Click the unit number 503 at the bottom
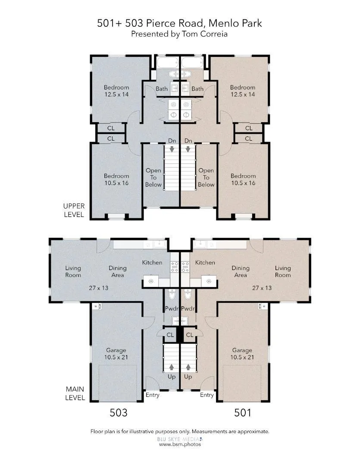coord(119,412)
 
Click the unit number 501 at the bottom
coord(242,412)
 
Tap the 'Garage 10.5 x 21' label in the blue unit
coord(116,354)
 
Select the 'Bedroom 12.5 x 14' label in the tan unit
coord(243,91)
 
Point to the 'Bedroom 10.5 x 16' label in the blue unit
coord(116,179)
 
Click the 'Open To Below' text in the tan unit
coord(206,177)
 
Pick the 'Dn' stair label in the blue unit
coord(172,141)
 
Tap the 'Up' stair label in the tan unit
coord(188,377)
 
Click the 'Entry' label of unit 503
coord(152,395)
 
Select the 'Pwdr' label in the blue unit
coord(172,309)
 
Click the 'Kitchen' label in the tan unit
coord(205,262)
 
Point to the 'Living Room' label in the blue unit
coord(73,271)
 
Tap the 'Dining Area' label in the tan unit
coord(241,271)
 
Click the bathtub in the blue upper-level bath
coord(166,63)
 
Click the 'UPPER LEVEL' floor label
coord(74,210)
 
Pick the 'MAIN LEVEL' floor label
coord(75,393)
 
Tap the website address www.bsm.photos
coord(180,444)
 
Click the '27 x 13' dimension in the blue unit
coord(99,288)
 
